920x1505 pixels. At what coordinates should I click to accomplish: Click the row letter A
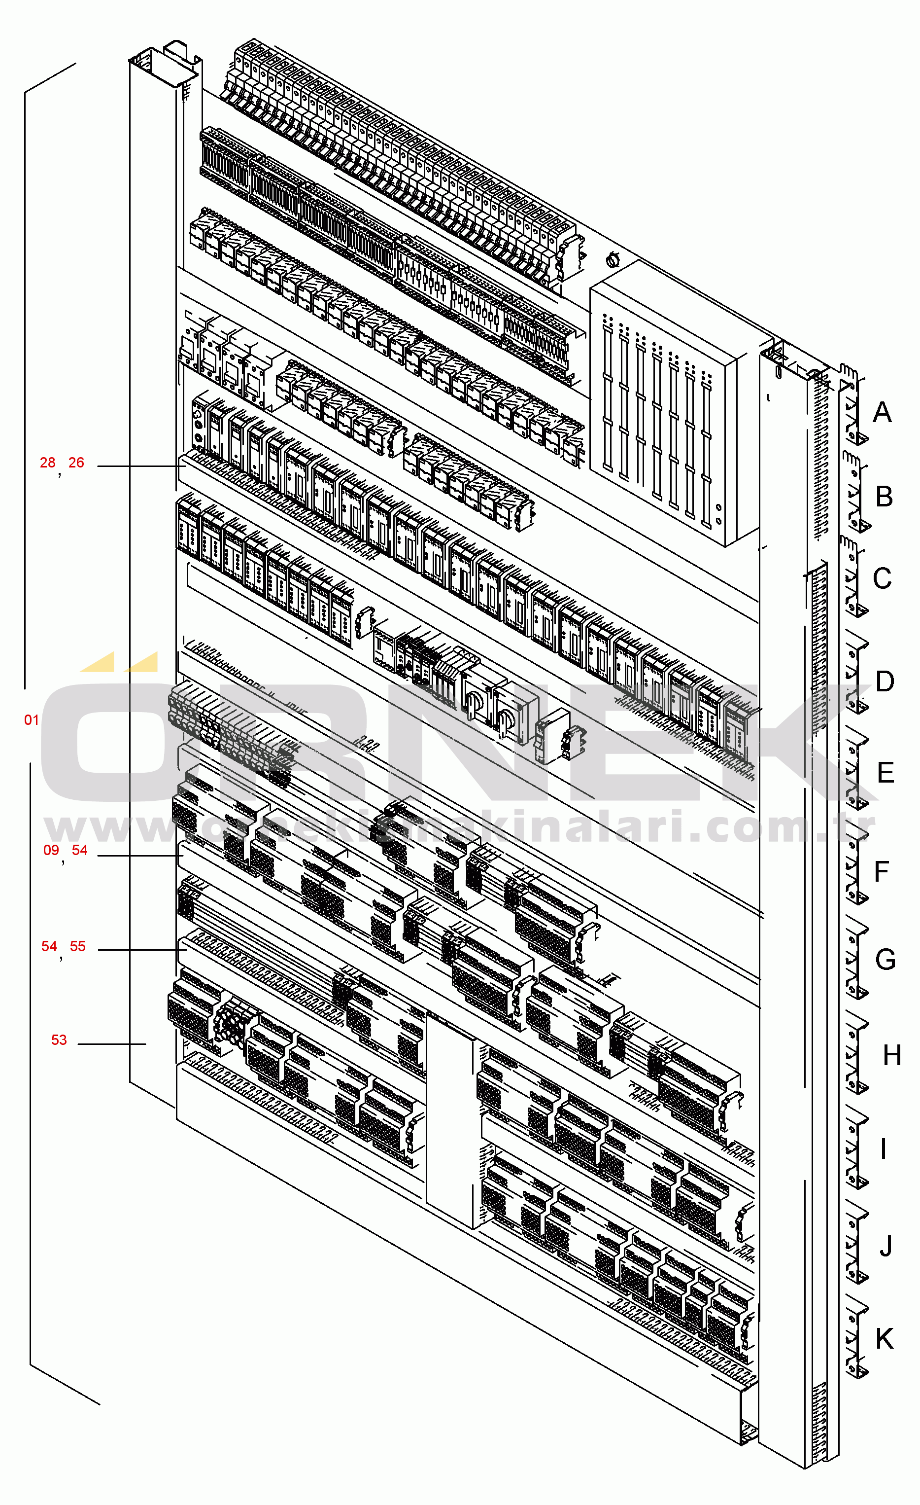[882, 412]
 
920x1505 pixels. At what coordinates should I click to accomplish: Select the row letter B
[885, 497]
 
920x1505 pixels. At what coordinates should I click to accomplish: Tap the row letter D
[885, 681]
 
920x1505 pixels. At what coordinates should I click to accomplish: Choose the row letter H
[892, 1055]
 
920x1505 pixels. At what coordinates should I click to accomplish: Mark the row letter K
[885, 1339]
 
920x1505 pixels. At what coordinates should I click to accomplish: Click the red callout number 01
[32, 720]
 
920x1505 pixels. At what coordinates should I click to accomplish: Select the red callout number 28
[48, 463]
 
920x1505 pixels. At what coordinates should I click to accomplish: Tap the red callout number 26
[76, 463]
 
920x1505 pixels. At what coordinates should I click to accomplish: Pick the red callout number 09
[51, 850]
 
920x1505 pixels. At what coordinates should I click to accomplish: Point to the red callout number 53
[59, 1040]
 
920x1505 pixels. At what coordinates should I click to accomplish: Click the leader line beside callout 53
[112, 1044]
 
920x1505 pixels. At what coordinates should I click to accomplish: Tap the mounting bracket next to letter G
[856, 958]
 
